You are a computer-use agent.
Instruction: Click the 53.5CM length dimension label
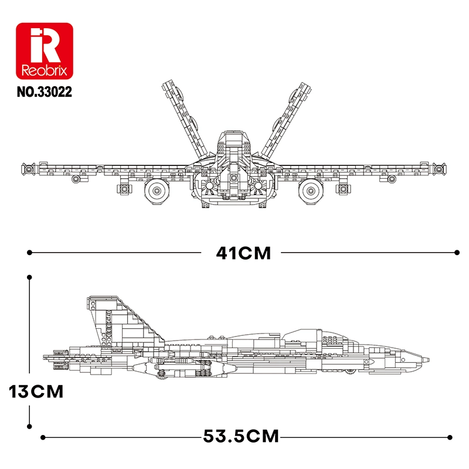coord(241,437)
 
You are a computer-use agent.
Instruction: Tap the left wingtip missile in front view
coord(28,169)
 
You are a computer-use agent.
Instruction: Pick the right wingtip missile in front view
coord(440,169)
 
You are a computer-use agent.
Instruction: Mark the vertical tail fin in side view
coord(117,320)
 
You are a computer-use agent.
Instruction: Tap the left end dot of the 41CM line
coord(29,253)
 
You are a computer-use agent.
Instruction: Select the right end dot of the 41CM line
coord(457,253)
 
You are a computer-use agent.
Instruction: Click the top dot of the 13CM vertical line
coord(29,276)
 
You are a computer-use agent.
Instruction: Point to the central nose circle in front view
coord(234,177)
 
